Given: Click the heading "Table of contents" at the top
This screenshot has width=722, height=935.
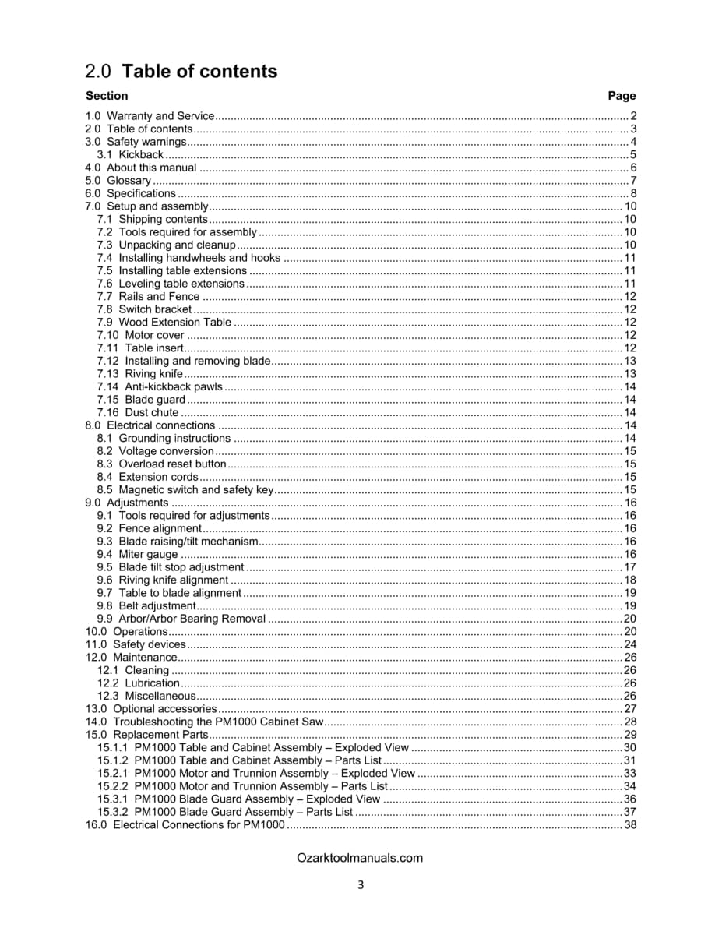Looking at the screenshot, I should click(x=199, y=72).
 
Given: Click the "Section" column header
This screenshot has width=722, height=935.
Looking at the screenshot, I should click(x=107, y=96).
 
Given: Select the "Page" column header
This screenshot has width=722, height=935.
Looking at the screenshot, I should click(x=622, y=96).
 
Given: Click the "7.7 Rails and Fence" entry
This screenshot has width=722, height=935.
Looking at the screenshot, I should click(x=148, y=297).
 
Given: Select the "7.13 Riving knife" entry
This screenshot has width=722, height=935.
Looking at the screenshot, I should click(x=140, y=374).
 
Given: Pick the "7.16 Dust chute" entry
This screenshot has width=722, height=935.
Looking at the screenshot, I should click(x=138, y=413).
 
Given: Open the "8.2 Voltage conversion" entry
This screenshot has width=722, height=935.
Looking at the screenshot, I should click(x=155, y=451).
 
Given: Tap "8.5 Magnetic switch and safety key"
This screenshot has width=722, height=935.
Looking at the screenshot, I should click(x=185, y=490).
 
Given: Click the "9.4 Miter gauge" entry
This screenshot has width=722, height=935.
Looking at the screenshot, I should click(x=137, y=555).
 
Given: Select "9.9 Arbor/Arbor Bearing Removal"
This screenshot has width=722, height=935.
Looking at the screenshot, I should click(x=181, y=619).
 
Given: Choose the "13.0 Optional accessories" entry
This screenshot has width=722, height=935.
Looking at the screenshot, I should click(x=150, y=709).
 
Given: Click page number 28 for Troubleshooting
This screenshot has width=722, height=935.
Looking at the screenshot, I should click(x=630, y=722).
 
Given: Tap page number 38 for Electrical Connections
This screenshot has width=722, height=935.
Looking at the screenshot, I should click(x=630, y=825).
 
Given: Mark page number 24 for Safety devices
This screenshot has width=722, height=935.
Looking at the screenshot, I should click(x=630, y=644).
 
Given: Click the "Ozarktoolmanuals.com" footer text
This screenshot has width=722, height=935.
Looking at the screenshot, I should click(x=360, y=858).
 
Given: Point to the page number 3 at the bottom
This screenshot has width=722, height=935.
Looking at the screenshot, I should click(x=361, y=884).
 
